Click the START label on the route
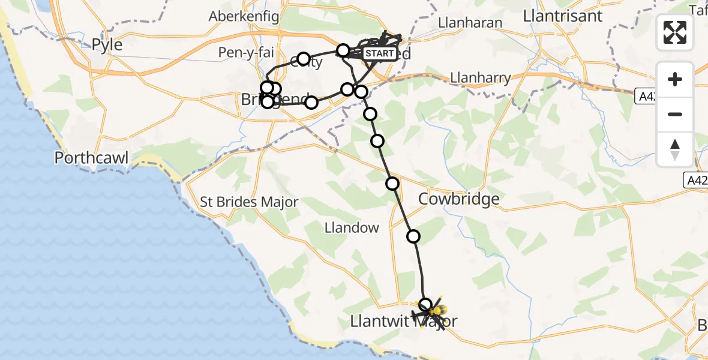point(379,54)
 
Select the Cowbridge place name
point(459,199)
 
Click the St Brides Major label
point(249,202)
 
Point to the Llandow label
point(352,227)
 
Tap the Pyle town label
point(107,44)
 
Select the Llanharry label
point(481,77)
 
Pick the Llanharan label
point(470,23)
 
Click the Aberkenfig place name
point(241,17)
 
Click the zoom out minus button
point(675,114)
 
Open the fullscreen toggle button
point(675,32)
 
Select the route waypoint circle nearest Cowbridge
point(392,184)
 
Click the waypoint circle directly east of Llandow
point(413,236)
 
